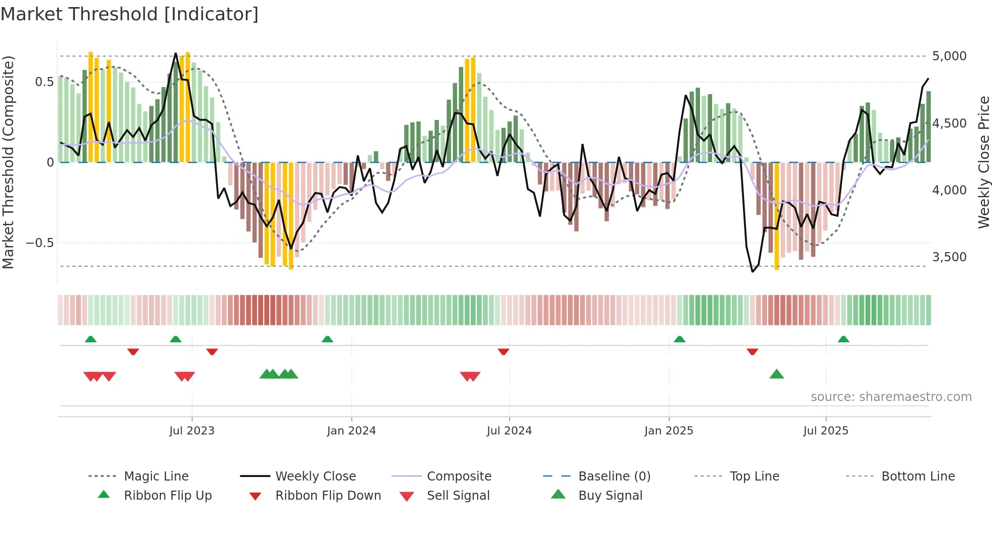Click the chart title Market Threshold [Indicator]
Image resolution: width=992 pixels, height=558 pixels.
coord(130,14)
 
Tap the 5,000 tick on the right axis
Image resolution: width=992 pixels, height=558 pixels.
coord(949,56)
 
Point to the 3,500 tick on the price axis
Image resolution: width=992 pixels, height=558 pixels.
coord(949,257)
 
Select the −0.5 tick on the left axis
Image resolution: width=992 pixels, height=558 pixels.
coord(39,243)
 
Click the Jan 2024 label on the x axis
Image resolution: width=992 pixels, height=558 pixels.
coord(351,431)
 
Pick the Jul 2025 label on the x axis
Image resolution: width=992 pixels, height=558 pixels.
coord(825,431)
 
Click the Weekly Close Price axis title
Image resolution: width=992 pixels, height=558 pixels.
coord(983,162)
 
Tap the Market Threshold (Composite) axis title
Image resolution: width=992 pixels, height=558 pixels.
coord(8,162)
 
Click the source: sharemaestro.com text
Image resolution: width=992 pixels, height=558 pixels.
coord(891,397)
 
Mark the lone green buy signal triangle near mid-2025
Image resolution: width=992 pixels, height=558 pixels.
coord(776,375)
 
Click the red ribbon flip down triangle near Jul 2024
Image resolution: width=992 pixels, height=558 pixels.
coord(503,351)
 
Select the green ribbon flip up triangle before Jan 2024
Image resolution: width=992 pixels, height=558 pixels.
coord(327,339)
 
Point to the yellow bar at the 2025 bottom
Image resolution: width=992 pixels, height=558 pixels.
coord(777,218)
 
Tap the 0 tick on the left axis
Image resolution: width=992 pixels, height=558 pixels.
coord(50,163)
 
